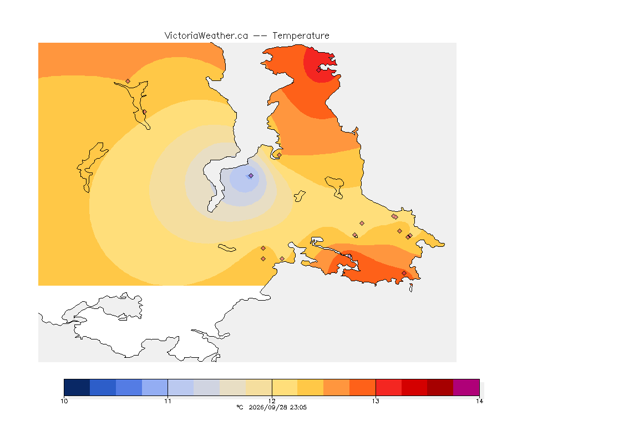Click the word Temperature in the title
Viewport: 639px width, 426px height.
[x=301, y=36]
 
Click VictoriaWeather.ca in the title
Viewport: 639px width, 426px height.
[x=206, y=36]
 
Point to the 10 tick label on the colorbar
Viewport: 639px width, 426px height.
[x=64, y=401]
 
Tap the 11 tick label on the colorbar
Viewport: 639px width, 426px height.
[x=168, y=401]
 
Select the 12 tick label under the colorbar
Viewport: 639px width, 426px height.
[x=272, y=401]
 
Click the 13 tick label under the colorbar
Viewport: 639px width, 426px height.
[x=376, y=401]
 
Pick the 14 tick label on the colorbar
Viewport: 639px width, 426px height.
[x=480, y=401]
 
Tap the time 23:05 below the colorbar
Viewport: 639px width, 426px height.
[x=298, y=407]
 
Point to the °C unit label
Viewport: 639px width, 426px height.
[x=240, y=407]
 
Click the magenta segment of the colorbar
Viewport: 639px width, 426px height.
[x=466, y=387]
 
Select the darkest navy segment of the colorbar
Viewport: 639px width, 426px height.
[x=77, y=387]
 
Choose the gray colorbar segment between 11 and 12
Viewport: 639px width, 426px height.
[x=206, y=387]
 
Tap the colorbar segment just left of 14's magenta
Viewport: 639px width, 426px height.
[x=440, y=387]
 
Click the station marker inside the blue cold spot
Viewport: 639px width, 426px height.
[x=251, y=176]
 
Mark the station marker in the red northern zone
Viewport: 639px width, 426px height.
[x=319, y=70]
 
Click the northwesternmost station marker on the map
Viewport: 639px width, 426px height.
[x=128, y=82]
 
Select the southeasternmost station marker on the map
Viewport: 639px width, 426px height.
[x=404, y=273]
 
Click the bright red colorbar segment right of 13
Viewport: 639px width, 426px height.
[x=389, y=387]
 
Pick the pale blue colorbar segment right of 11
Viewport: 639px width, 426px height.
[x=181, y=387]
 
